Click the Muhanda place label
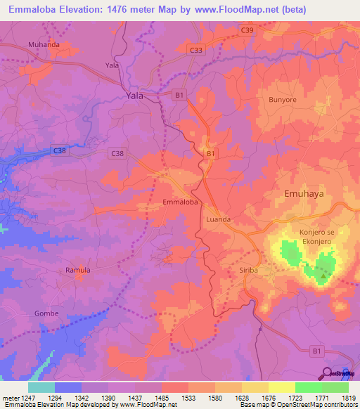point(44,44)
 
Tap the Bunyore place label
point(283,99)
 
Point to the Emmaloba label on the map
point(180,202)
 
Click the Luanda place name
point(218,219)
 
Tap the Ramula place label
point(78,270)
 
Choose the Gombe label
point(46,313)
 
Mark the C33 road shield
point(197,50)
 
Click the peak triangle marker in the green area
point(323,276)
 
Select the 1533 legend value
point(188,397)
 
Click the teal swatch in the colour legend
point(41,387)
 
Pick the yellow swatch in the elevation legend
point(281,387)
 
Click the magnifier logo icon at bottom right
point(327,372)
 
